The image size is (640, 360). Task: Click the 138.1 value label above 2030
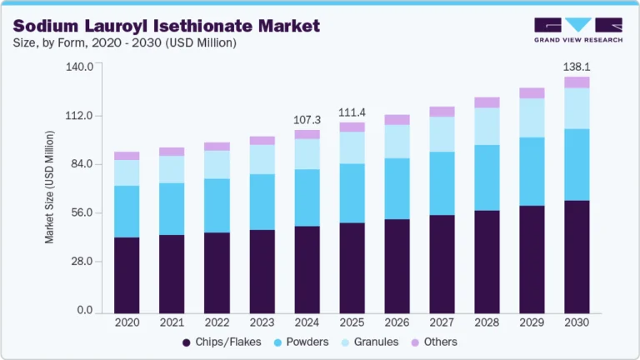[577, 66]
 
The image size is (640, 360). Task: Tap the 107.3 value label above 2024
[307, 120]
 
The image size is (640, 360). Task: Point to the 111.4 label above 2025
[352, 112]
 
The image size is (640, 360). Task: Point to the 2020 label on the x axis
[127, 322]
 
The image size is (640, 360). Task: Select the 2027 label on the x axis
[442, 322]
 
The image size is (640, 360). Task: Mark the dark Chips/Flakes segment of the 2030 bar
[577, 257]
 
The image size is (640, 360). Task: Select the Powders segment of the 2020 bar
[127, 212]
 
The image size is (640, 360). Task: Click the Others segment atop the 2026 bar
[397, 119]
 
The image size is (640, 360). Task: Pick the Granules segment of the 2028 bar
[487, 127]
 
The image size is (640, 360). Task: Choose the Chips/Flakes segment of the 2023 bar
[262, 272]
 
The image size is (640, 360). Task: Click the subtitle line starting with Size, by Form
[124, 42]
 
